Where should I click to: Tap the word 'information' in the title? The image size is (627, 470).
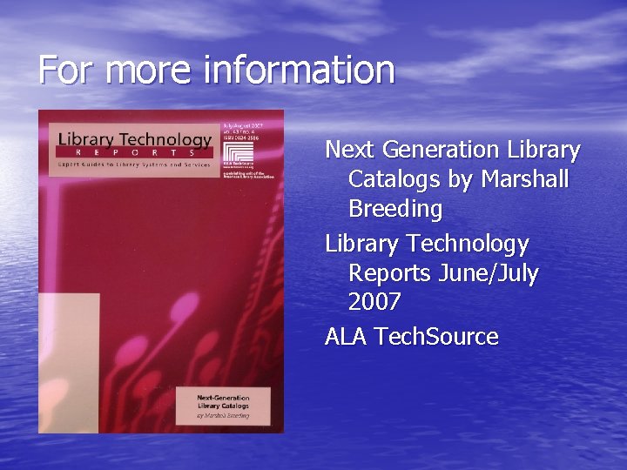298,70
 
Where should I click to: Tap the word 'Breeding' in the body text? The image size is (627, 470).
395,210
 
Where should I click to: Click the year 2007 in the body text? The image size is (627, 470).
374,303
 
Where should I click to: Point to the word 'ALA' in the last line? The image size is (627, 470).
347,337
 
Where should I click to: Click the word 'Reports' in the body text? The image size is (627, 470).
390,273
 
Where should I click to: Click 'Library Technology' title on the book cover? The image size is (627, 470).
135,139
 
